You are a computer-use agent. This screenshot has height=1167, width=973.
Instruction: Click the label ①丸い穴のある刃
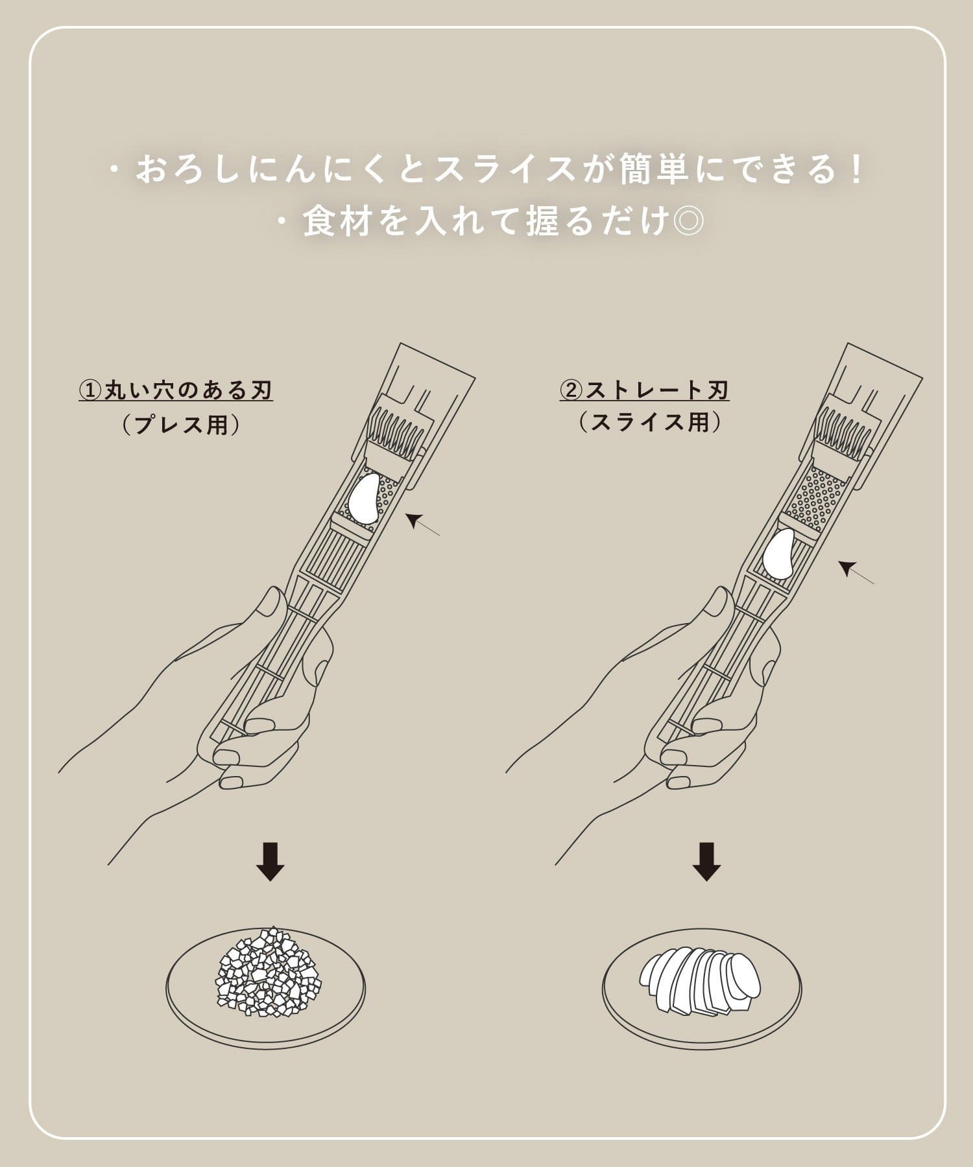[x=176, y=391]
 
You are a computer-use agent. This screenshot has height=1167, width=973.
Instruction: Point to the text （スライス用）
[x=650, y=422]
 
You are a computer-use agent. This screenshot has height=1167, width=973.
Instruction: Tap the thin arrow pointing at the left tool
[x=422, y=524]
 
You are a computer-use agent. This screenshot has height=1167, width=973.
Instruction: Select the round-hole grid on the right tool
[x=819, y=499]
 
